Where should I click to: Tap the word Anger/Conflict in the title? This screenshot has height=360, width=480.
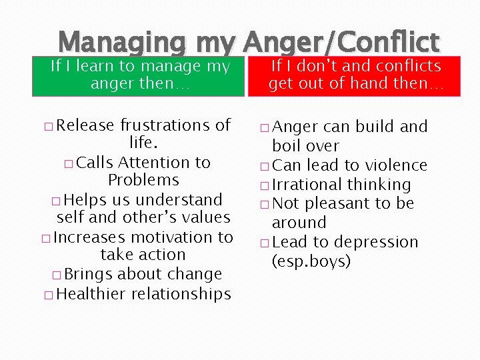[341, 43]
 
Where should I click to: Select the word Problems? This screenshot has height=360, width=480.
[143, 180]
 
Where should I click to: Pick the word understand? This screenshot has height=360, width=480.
[178, 199]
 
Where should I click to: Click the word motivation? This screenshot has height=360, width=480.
[161, 237]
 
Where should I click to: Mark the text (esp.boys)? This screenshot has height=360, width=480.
[311, 261]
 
